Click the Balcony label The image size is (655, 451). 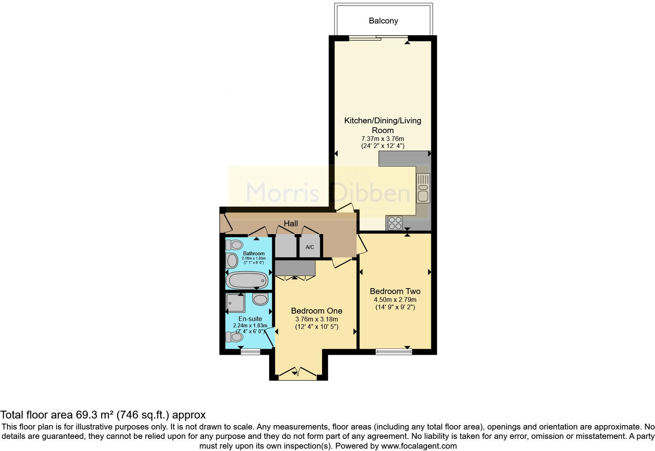pos(383,21)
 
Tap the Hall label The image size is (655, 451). pos(291,224)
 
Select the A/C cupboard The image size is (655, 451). pos(310,247)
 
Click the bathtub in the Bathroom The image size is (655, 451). pos(248,280)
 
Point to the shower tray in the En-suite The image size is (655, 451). pos(236,303)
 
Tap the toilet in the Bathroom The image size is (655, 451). pos(235,245)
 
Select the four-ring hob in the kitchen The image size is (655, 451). pos(394,223)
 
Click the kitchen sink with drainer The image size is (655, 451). pos(423,188)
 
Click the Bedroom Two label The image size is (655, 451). pos(395,291)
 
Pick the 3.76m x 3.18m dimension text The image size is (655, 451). pos(317,319)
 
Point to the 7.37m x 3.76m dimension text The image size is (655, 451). pos(382,139)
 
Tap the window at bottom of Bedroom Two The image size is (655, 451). pos(393,352)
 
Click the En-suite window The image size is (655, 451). pos(250,352)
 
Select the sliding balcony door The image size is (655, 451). pos(378,38)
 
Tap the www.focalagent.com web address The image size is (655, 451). pos(418,446)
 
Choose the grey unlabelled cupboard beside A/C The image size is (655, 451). pos(285,247)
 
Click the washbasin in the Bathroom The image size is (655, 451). pos(232,261)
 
